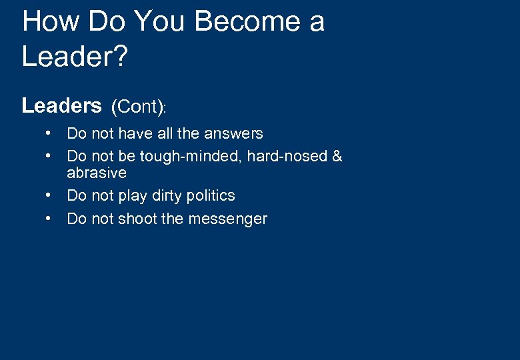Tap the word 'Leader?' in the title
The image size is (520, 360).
[x=74, y=56]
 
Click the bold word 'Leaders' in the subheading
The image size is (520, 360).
[x=61, y=106]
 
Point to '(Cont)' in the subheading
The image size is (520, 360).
[x=138, y=107]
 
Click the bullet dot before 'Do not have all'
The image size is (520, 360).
[x=49, y=133]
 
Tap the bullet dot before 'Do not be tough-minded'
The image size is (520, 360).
[x=49, y=156]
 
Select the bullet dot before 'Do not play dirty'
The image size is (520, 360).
[x=49, y=195]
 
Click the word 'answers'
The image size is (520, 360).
[x=233, y=133]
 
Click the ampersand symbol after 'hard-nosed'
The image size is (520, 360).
[x=337, y=157]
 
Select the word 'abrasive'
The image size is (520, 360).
[x=97, y=173]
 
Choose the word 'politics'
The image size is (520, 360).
[x=212, y=196]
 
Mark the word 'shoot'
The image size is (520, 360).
[x=138, y=219]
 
